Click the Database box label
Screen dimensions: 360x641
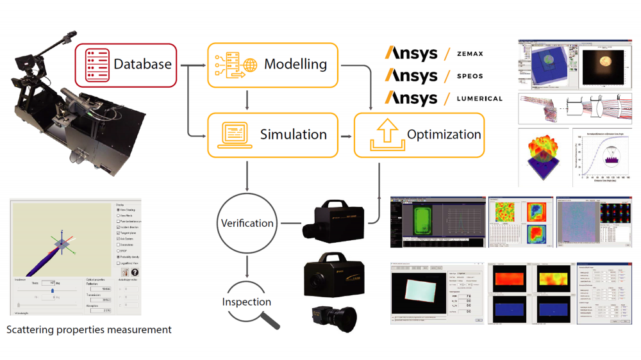(x=142, y=64)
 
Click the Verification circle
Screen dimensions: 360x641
(x=247, y=224)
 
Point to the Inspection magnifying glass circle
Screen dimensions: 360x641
(x=247, y=302)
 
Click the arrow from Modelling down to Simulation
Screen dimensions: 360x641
(x=247, y=99)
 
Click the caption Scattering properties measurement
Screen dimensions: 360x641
(x=88, y=330)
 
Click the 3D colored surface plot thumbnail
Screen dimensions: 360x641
(x=542, y=152)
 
